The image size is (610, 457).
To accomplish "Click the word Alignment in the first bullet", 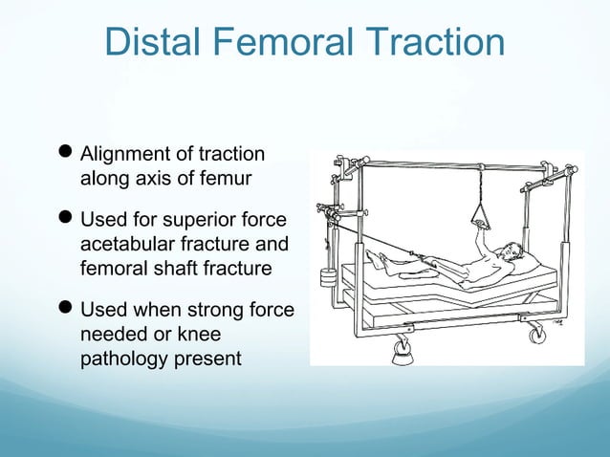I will (121, 155).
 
